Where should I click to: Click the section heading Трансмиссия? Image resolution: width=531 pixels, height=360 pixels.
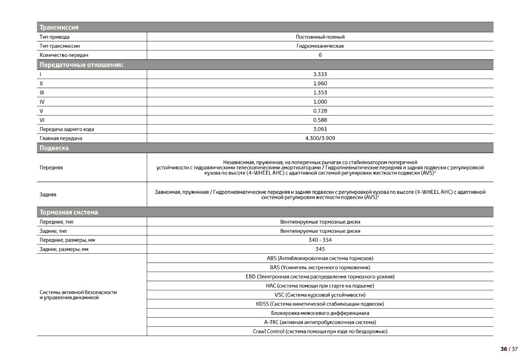pyautogui.click(x=59, y=27)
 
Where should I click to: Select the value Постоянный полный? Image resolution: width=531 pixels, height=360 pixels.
pyautogui.click(x=320, y=37)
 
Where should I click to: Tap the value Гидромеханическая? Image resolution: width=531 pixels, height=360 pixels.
pyautogui.click(x=320, y=46)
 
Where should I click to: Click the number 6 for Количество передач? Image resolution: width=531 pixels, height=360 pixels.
pyautogui.click(x=320, y=55)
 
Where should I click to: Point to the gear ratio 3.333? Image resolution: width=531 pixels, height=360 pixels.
pyautogui.click(x=320, y=74)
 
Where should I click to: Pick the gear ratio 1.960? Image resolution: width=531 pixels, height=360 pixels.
pyautogui.click(x=320, y=83)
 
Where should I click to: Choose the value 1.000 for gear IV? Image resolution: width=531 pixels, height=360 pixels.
pyautogui.click(x=320, y=102)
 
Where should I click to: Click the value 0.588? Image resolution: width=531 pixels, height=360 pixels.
pyautogui.click(x=320, y=120)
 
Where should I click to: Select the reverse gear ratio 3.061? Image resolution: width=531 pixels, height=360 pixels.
pyautogui.click(x=320, y=129)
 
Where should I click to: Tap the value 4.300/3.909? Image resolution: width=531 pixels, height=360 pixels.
pyautogui.click(x=320, y=139)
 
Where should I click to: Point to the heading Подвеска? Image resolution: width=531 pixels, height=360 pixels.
pyautogui.click(x=54, y=148)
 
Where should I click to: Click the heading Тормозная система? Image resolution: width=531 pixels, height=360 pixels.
pyautogui.click(x=69, y=213)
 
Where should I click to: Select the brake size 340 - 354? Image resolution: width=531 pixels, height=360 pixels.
pyautogui.click(x=320, y=240)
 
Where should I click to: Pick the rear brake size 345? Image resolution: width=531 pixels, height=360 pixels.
pyautogui.click(x=320, y=249)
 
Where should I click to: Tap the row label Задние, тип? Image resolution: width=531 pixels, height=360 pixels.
pyautogui.click(x=55, y=231)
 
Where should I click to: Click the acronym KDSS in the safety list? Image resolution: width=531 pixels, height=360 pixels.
pyautogui.click(x=262, y=304)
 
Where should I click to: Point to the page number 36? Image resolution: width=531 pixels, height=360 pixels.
pyautogui.click(x=504, y=349)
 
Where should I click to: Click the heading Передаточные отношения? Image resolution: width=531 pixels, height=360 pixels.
pyautogui.click(x=81, y=65)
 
